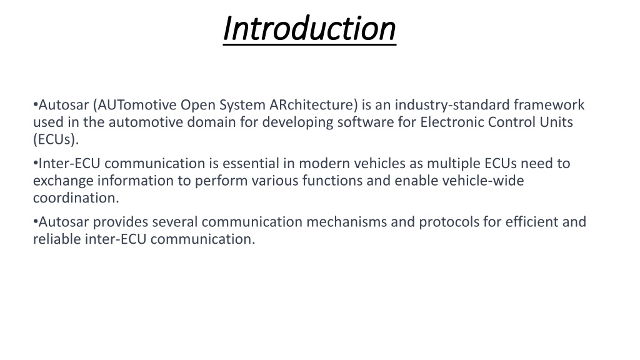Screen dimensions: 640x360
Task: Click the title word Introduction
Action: pyautogui.click(x=309, y=29)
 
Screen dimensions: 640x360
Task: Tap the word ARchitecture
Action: pyautogui.click(x=314, y=105)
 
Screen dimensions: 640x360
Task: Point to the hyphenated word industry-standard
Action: pyautogui.click(x=452, y=106)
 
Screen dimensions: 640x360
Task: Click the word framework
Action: pyautogui.click(x=549, y=105)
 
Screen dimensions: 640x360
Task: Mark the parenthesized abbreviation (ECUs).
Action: pyautogui.click(x=56, y=139)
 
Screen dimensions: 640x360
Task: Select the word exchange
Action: pyautogui.click(x=63, y=181)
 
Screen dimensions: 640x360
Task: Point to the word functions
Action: pyautogui.click(x=332, y=181)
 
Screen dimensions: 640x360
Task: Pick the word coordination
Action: pyautogui.click(x=76, y=198)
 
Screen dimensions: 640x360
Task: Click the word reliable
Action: pyautogui.click(x=57, y=239)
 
